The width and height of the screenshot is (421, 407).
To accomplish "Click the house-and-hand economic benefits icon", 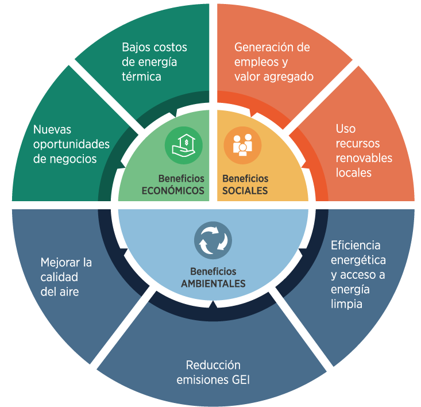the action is click(184, 145).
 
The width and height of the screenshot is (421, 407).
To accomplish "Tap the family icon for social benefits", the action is click(242, 145).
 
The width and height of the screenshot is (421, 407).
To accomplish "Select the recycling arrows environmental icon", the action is click(213, 240).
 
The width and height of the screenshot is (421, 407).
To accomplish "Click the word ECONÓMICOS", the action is click(173, 191).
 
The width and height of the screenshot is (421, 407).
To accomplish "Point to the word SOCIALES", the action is click(245, 191).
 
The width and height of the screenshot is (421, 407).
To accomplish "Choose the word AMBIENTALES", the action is click(213, 283).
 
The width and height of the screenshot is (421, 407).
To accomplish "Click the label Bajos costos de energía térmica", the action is click(155, 62).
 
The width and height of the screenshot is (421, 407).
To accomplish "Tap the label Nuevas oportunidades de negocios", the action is click(71, 144).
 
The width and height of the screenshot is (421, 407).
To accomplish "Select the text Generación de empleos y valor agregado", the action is click(274, 62).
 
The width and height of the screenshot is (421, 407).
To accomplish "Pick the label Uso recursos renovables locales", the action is click(364, 151).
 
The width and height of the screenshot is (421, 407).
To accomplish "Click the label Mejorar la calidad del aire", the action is click(66, 277).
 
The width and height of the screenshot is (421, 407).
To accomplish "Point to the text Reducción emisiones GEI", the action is click(213, 373).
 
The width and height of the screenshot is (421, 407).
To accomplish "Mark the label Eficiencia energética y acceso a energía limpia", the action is click(358, 275).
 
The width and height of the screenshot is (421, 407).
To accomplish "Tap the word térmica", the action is click(141, 77).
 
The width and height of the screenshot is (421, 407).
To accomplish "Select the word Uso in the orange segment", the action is click(346, 129).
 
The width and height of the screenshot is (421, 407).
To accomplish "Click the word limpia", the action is click(346, 304).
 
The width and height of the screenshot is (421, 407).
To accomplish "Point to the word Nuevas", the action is click(52, 129).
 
